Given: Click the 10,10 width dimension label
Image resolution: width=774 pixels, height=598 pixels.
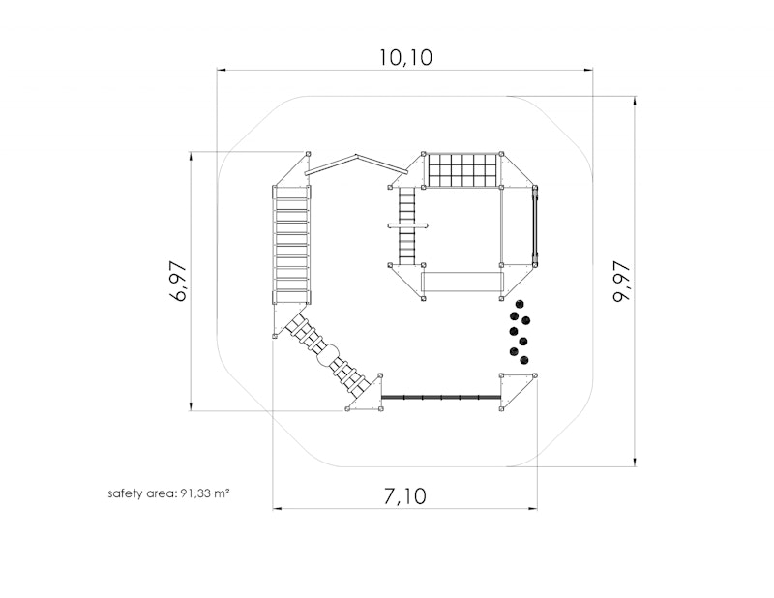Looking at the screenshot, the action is (405, 57).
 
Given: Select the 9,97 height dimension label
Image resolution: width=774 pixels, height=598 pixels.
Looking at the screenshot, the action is (621, 282).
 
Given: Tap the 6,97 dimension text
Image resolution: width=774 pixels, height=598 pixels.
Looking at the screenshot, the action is (178, 281).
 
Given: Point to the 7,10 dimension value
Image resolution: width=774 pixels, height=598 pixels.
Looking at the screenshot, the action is (404, 495).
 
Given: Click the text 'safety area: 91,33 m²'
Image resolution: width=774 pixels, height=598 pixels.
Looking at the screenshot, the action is (168, 493).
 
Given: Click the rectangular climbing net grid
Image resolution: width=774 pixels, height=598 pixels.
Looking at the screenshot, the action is (462, 170).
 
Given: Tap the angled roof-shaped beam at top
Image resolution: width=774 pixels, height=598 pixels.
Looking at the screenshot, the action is (356, 164).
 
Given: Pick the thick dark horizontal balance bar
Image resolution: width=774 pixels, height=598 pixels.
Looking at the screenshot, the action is (441, 397).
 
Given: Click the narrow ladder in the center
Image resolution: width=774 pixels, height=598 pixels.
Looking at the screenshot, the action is (407, 225).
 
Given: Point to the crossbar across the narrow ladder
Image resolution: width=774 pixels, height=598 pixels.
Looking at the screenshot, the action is (407, 225).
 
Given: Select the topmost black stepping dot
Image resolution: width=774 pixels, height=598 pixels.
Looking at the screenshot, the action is (519, 304).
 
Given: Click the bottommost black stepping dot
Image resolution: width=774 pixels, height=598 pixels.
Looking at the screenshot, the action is (524, 360).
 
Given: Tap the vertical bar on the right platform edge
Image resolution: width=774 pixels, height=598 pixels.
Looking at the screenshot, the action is (534, 225).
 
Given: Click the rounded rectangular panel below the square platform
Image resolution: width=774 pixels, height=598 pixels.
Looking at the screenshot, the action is (462, 282).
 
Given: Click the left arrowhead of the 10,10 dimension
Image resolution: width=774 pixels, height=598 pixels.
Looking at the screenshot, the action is (222, 70).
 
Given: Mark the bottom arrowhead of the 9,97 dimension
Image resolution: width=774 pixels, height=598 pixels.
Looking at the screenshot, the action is (635, 463).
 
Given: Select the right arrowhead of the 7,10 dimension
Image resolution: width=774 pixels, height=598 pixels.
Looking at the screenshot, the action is (533, 508).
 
